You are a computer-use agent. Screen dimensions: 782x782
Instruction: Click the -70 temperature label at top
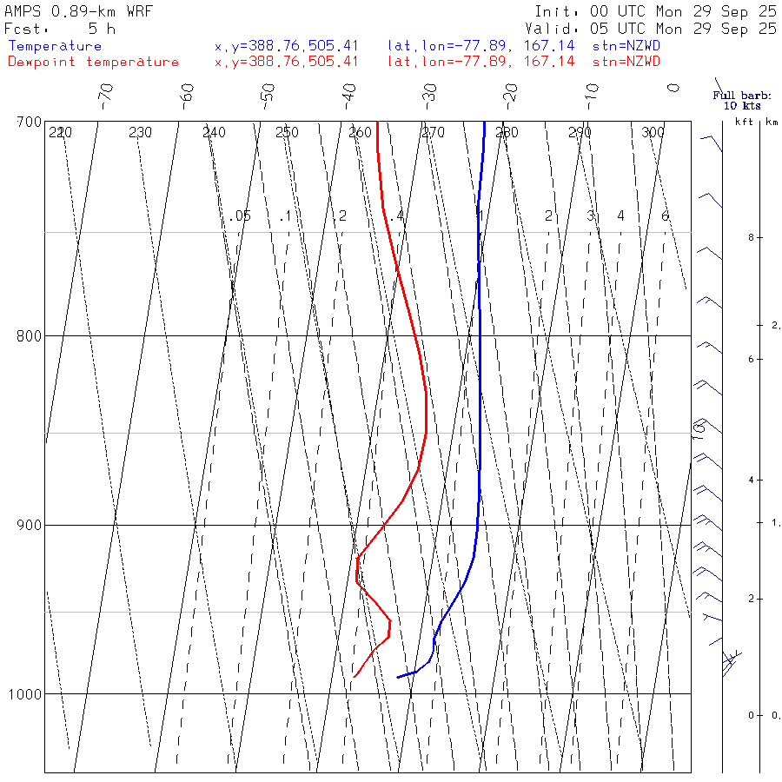[x=105, y=93]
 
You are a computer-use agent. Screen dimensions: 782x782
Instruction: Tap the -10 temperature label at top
[x=592, y=93]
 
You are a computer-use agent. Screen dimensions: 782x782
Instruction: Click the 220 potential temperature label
[x=60, y=133]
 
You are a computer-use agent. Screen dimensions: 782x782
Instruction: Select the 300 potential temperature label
[x=653, y=133]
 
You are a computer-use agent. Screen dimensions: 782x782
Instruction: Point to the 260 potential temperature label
[x=360, y=133]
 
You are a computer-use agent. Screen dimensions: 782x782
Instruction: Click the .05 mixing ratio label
[x=241, y=215]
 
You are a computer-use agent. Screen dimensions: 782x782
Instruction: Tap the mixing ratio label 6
[x=665, y=215]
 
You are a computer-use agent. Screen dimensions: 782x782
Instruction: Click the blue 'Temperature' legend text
[x=55, y=46]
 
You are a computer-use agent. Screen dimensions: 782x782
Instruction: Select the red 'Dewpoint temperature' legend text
[x=93, y=62]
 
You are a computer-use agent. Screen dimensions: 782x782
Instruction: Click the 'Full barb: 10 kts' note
[x=737, y=101]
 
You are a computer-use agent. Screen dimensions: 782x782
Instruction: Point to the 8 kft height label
[x=737, y=237]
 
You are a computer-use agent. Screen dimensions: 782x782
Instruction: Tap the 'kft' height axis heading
[x=744, y=123]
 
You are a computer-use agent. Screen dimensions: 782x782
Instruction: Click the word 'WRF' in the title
[x=136, y=12]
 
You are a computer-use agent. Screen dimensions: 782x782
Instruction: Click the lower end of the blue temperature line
[x=398, y=677]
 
